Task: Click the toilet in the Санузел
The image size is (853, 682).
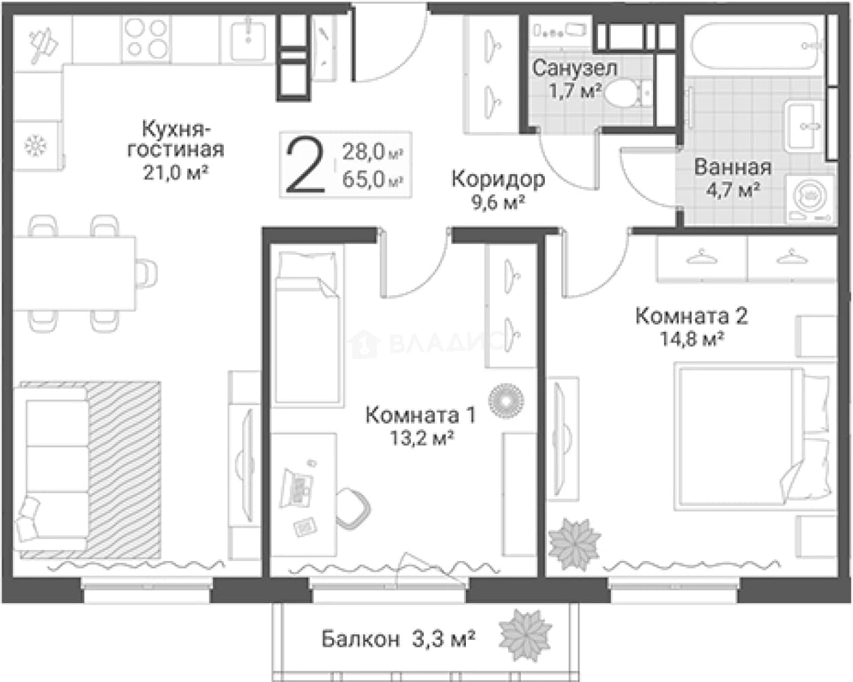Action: tap(627, 92)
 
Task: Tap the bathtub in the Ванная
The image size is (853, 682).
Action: tap(756, 46)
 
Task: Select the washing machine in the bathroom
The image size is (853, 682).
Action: tap(811, 198)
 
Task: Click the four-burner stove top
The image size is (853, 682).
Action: tap(146, 39)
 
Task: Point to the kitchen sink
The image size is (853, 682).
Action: tap(248, 39)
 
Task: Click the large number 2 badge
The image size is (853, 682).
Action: tap(305, 165)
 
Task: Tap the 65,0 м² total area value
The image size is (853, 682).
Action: tap(373, 180)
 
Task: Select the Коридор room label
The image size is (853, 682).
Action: tap(498, 179)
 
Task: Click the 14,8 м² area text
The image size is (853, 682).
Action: tap(692, 339)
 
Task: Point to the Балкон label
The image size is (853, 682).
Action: tap(361, 638)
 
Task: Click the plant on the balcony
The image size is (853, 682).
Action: tap(525, 635)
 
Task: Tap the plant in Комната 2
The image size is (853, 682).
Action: tap(574, 544)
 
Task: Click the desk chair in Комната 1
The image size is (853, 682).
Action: tap(353, 509)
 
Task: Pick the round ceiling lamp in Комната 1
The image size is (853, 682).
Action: tap(506, 400)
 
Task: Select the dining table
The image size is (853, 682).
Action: tap(74, 273)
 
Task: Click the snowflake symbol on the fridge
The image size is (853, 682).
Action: tap(35, 146)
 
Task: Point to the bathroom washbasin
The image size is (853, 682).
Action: tap(805, 125)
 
